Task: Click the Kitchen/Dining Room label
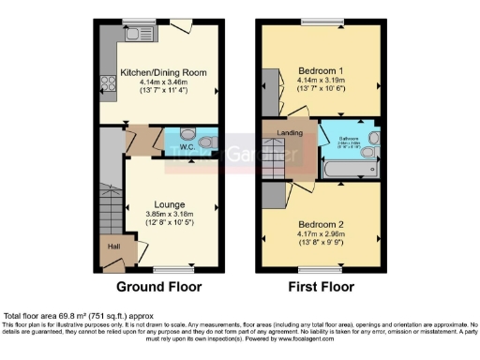tap(157, 71)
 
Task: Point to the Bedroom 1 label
tap(321, 71)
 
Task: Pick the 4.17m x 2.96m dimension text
tap(321, 235)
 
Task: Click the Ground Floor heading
tap(157, 286)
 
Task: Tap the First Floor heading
tap(321, 286)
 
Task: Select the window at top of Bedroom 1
tap(320, 22)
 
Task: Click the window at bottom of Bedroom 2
tap(320, 269)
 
